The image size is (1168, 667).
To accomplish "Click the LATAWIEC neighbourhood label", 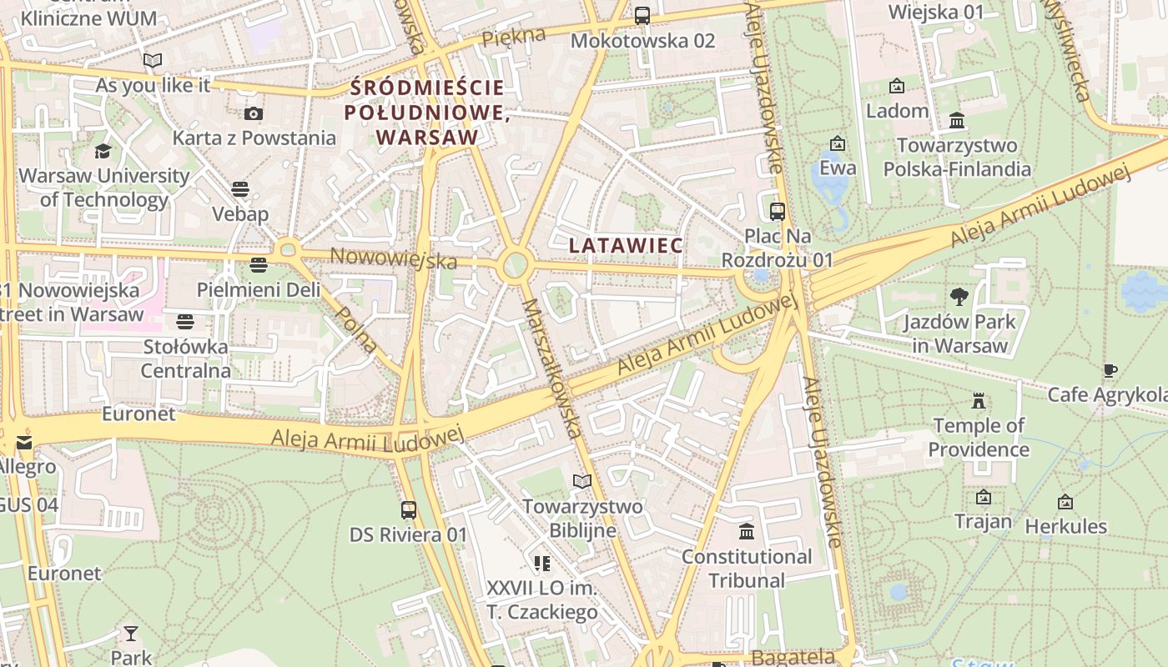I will pyautogui.click(x=626, y=245).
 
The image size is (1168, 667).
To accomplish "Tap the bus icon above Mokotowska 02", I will pyautogui.click(x=642, y=15).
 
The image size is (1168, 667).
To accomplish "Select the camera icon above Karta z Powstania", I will pyautogui.click(x=254, y=113).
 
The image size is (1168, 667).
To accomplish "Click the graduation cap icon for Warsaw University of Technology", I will pyautogui.click(x=103, y=151).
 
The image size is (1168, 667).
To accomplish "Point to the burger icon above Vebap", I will pyautogui.click(x=240, y=189).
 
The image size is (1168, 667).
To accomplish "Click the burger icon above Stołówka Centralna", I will pyautogui.click(x=185, y=321).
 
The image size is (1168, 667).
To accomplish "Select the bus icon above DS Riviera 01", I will pyautogui.click(x=408, y=509).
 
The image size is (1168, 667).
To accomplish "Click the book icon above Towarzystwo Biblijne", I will pyautogui.click(x=581, y=481).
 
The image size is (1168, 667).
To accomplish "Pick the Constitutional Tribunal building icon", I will pyautogui.click(x=746, y=531).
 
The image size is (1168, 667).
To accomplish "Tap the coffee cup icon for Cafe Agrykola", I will pyautogui.click(x=1110, y=370).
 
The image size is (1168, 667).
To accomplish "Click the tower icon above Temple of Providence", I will pyautogui.click(x=979, y=401).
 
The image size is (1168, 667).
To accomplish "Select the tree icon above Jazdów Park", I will pyautogui.click(x=959, y=296).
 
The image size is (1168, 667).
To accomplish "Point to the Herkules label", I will pyautogui.click(x=1065, y=526).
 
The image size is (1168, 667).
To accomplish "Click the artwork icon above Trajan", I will pyautogui.click(x=984, y=497).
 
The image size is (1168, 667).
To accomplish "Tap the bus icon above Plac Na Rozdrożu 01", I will pyautogui.click(x=777, y=211).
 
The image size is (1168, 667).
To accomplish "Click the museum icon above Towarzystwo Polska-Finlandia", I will pyautogui.click(x=957, y=121).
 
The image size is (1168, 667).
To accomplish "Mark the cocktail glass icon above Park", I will pyautogui.click(x=131, y=634).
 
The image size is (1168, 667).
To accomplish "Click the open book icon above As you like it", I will pyautogui.click(x=152, y=60).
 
